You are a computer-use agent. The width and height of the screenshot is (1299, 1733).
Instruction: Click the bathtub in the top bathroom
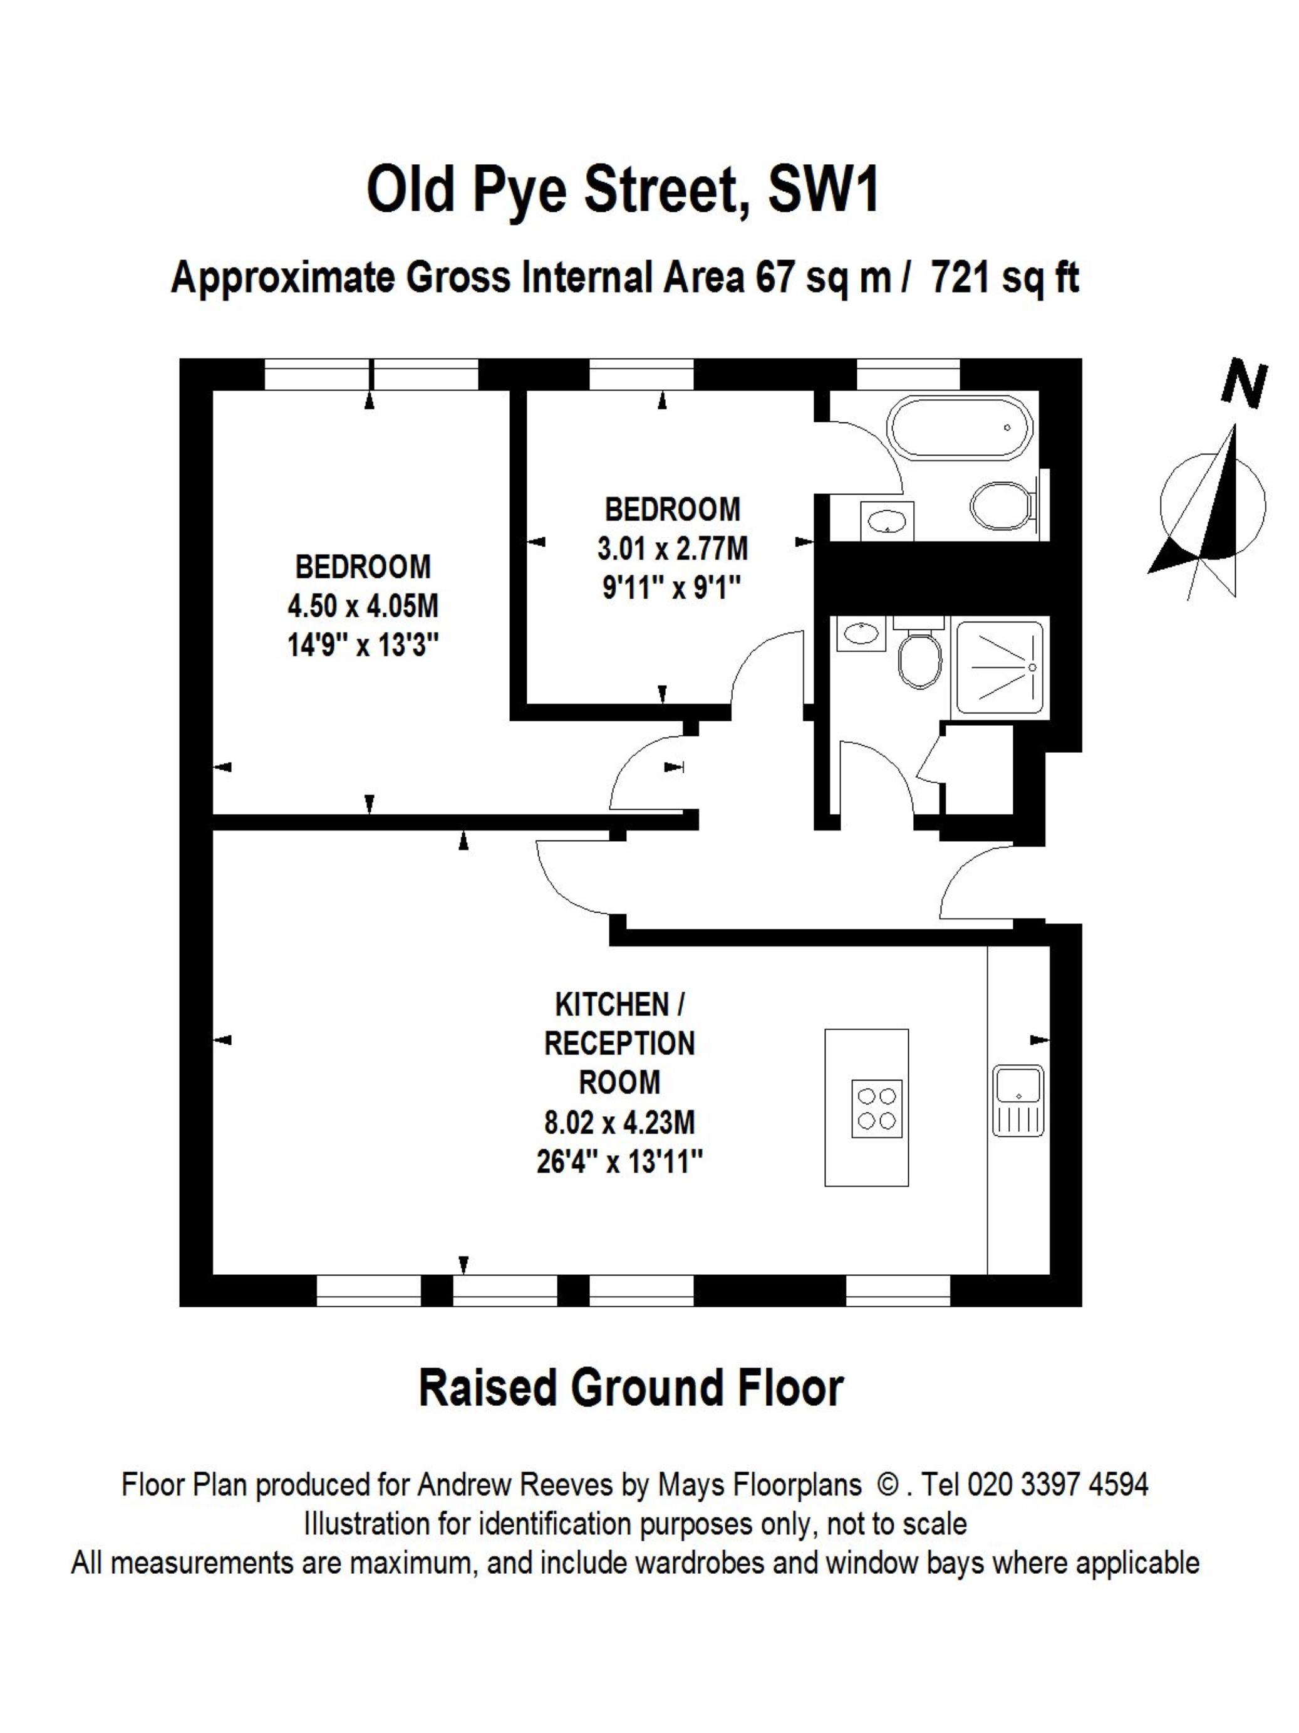958,427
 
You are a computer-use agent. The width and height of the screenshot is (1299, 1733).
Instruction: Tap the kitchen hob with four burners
876,1109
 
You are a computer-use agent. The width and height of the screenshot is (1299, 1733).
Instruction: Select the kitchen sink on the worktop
1018,1100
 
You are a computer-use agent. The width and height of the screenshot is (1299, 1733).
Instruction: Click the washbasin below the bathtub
886,520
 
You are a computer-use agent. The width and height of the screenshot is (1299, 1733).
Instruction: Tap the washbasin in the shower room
861,634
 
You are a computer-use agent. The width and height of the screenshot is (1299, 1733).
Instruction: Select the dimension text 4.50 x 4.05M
363,607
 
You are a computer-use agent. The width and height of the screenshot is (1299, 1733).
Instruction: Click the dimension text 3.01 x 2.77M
673,548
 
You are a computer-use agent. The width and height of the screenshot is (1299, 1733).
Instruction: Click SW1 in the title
823,191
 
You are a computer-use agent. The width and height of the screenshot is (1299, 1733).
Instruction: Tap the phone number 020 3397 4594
1058,1485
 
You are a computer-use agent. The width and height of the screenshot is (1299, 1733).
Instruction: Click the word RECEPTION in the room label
619,1044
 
